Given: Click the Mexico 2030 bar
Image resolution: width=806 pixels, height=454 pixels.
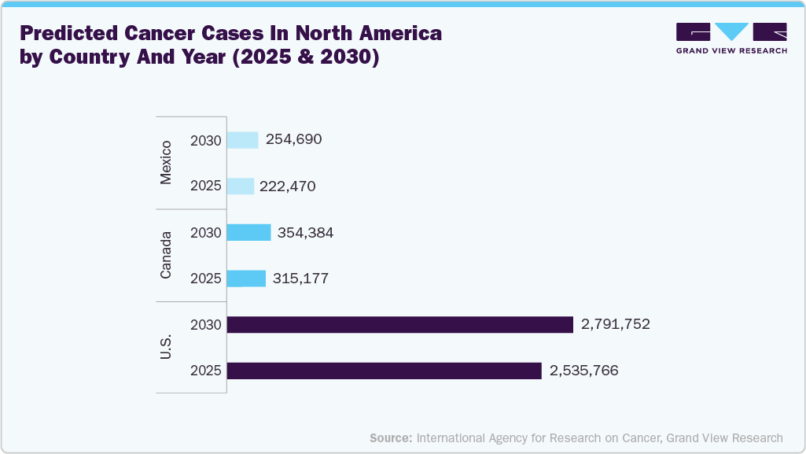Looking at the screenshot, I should tap(242, 140).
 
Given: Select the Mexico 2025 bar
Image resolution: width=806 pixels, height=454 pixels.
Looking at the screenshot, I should tap(240, 186).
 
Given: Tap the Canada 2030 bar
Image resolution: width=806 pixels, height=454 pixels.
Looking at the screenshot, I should tap(248, 232).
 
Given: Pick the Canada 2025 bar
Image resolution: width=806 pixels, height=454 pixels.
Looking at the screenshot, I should tap(246, 279).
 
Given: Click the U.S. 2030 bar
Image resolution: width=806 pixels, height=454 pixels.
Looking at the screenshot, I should tap(399, 324).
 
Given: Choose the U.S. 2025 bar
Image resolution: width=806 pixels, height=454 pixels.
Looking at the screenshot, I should tap(384, 371).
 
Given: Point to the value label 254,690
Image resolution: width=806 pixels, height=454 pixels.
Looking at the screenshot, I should tap(293, 140).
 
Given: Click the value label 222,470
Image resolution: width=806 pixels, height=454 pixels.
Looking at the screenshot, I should tap(289, 186).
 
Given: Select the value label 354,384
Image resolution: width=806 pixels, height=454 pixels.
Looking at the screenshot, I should tap(305, 233).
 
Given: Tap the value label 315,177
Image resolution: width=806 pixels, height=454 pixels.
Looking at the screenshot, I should tap(300, 279).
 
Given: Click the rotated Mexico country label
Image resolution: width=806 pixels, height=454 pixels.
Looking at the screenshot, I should tap(166, 164).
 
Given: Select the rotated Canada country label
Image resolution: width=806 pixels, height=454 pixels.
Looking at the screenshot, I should tap(166, 256).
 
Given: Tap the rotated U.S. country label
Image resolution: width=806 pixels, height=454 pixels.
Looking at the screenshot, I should tap(166, 347).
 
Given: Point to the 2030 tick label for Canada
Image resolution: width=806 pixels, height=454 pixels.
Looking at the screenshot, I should tap(206, 233).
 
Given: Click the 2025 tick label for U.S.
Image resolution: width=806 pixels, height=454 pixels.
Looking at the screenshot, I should tap(206, 371).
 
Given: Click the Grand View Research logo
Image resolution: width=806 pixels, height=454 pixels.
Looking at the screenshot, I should tap(731, 39).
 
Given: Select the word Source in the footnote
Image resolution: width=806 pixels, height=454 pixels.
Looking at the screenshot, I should tap(391, 437).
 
